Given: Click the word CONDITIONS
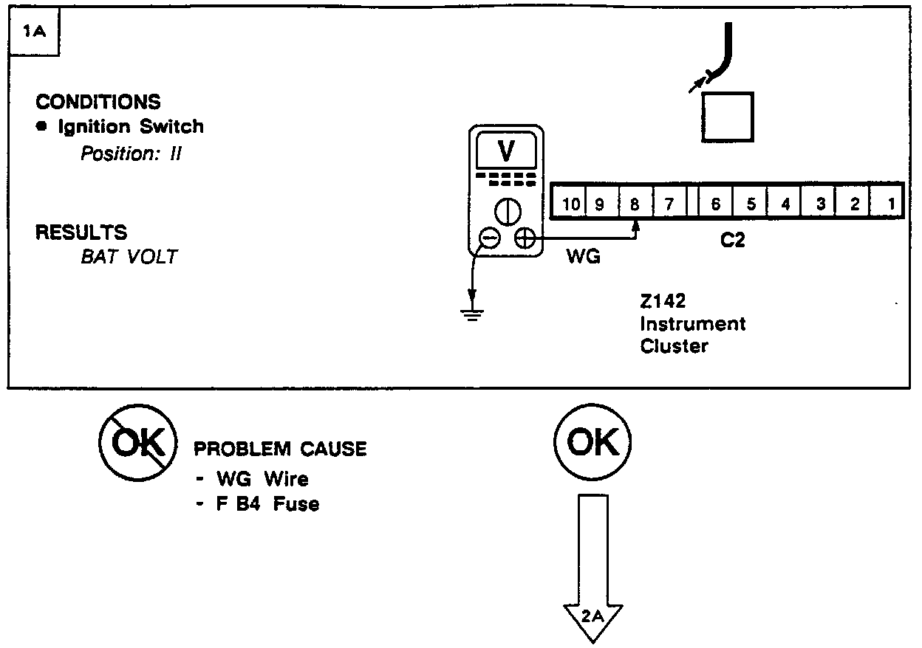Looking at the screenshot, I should [x=98, y=102].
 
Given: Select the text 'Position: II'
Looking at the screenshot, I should [x=131, y=154].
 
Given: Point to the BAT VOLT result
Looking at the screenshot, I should [x=129, y=257].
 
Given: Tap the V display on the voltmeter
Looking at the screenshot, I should [x=506, y=151].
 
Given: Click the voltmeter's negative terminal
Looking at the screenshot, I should [x=489, y=238].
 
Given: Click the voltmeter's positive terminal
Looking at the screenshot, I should [x=524, y=238].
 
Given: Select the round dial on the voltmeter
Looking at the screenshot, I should [x=507, y=212].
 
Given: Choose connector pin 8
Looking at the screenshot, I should [x=634, y=203].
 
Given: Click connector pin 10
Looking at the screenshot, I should [x=571, y=203].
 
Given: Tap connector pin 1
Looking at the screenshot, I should [x=891, y=203].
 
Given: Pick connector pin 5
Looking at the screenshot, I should [x=751, y=203].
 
